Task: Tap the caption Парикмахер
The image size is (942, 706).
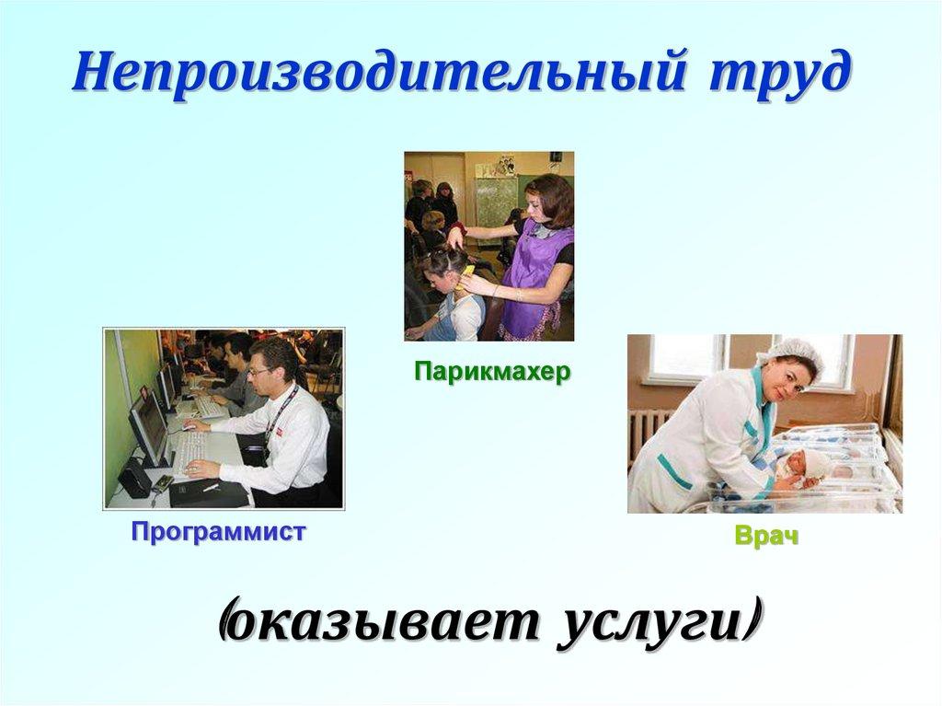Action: [x=492, y=372]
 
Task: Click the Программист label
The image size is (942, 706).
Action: [x=217, y=531]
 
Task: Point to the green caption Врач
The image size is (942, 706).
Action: [x=765, y=537]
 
